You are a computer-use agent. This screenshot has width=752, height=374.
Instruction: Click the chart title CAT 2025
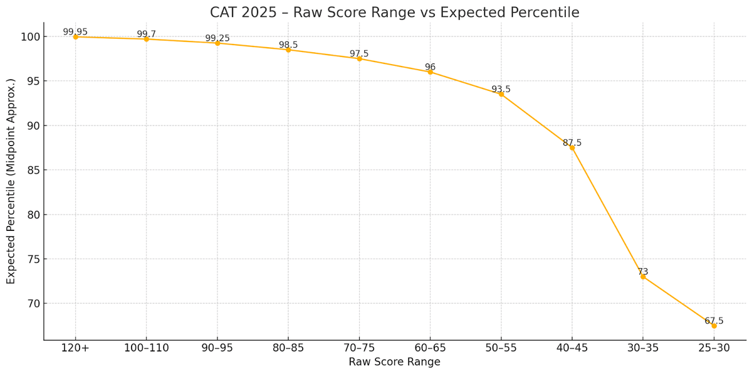click(395, 13)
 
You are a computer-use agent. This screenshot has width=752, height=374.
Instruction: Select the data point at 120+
click(75, 37)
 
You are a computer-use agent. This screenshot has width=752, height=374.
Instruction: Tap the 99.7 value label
click(146, 34)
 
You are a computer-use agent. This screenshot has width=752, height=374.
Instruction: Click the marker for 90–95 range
click(217, 43)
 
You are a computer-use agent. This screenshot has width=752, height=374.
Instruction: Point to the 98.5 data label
click(288, 45)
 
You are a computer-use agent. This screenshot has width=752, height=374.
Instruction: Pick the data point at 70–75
click(359, 58)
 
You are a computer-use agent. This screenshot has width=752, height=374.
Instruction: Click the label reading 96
click(430, 67)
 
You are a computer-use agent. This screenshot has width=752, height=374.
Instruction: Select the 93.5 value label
click(501, 89)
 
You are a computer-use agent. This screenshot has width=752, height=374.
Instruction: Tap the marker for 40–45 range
click(572, 147)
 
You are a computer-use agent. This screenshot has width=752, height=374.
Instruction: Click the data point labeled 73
click(643, 277)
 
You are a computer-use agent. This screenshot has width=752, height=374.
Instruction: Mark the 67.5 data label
click(714, 321)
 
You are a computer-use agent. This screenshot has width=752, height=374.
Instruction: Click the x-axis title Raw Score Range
click(394, 362)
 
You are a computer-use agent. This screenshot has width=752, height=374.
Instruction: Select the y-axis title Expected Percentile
click(11, 181)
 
